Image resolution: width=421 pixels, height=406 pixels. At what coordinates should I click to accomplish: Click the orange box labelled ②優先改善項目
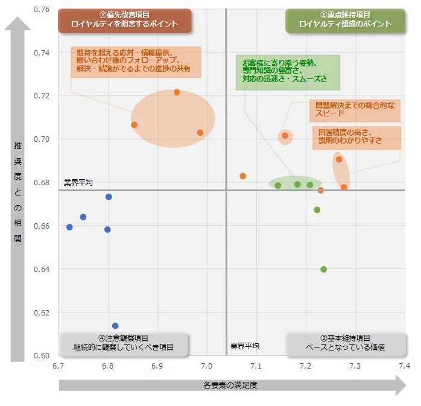[x=124, y=20]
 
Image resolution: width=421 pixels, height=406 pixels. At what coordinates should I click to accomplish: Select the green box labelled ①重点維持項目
[x=345, y=20]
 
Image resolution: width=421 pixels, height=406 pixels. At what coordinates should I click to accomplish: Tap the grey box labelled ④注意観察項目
[x=124, y=343]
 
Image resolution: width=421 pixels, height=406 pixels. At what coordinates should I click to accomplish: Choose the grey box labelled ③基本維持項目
[x=345, y=343]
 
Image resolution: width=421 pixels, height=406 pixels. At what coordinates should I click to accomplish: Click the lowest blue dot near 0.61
[x=115, y=326]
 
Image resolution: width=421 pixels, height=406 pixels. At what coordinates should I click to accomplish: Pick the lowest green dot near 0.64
[x=323, y=269]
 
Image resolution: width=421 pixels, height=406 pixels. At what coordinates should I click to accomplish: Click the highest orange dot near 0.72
[x=177, y=92]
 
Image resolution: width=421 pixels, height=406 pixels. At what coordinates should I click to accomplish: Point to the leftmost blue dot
[x=69, y=227]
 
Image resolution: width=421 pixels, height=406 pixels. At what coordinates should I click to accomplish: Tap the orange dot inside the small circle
[x=285, y=136]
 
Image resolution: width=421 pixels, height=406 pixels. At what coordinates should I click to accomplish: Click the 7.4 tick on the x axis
[x=404, y=366]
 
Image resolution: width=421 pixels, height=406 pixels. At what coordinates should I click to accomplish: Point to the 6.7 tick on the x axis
[x=59, y=366]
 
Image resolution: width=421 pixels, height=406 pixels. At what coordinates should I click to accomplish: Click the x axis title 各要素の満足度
[x=230, y=385]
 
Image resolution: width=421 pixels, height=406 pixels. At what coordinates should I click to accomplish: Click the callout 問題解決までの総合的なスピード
[x=355, y=109]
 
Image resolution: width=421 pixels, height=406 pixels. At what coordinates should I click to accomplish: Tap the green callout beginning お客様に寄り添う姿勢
[x=287, y=71]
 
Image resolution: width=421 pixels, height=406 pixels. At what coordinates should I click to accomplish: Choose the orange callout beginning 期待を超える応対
[x=135, y=61]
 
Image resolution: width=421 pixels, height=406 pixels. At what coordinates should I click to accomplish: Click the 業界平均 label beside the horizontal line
[x=78, y=182]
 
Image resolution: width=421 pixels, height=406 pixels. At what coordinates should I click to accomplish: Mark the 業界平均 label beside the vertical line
[x=244, y=346]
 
